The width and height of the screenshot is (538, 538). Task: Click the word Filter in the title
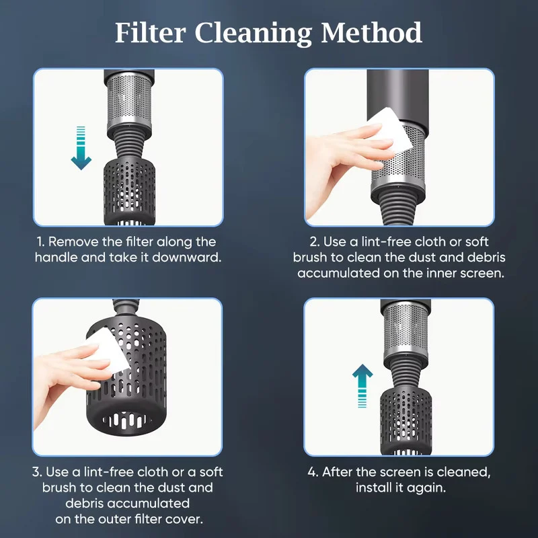(150, 32)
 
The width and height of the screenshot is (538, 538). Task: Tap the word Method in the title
(371, 32)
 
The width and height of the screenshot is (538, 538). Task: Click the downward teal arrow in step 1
(81, 148)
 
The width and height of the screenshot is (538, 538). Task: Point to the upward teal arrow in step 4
(362, 386)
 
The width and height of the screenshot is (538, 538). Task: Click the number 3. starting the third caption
(37, 472)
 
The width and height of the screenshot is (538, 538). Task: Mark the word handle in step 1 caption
(56, 258)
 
